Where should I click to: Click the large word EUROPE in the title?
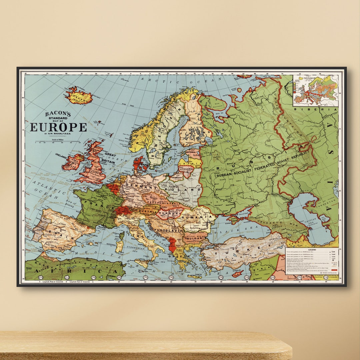point(58,127)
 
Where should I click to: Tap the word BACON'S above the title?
point(58,114)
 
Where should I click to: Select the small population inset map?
point(316,90)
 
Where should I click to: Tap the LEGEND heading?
point(312,249)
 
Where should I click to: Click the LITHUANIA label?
point(186,169)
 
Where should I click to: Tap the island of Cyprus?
point(237,274)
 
